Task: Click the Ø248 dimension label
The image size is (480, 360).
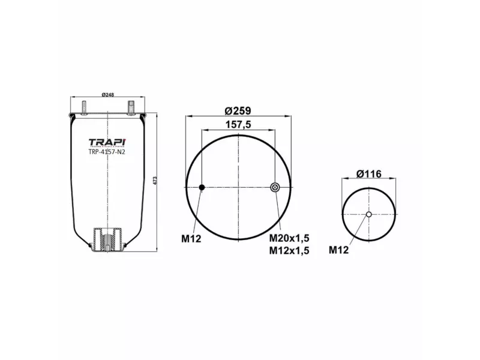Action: tap(108, 94)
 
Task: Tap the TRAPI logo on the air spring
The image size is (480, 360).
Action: tap(107, 142)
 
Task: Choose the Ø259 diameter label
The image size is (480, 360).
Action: tap(238, 110)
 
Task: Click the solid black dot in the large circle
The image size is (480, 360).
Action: tap(202, 188)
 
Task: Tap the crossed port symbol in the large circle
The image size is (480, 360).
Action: tap(275, 188)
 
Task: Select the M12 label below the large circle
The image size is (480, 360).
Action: tap(191, 239)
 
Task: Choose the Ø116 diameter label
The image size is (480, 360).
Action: tap(368, 174)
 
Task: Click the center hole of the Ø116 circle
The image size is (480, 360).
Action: tap(369, 215)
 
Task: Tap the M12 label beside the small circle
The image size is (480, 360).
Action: tap(338, 250)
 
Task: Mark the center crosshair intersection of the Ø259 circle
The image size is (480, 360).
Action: tap(238, 188)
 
